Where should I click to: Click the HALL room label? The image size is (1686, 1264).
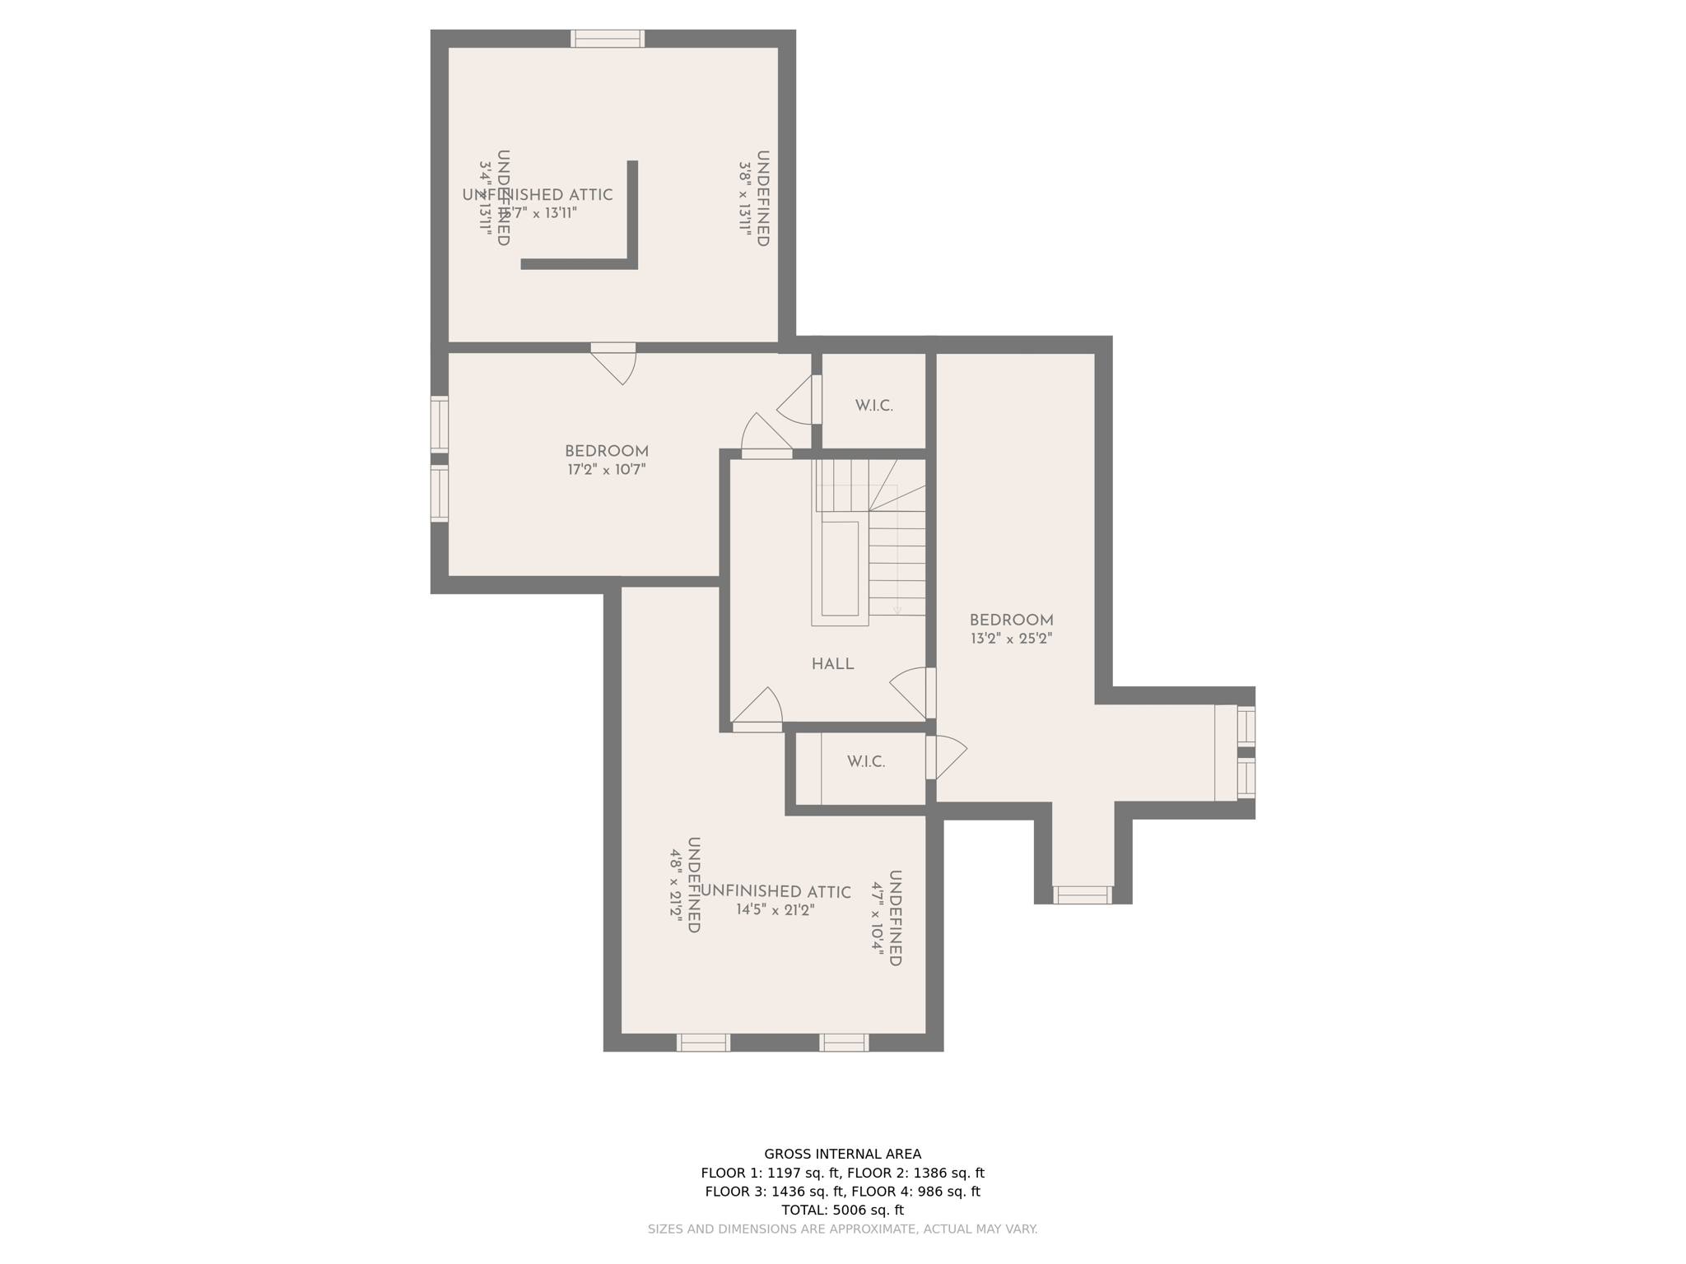click(832, 664)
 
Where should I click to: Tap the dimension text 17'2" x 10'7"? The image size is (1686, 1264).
click(606, 470)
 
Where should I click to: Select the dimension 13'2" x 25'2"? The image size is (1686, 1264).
click(1011, 639)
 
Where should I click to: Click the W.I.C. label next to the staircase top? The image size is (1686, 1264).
click(873, 406)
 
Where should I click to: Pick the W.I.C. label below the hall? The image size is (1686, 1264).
click(866, 762)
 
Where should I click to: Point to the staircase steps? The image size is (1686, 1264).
click(897, 560)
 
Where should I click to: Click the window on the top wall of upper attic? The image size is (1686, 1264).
click(608, 39)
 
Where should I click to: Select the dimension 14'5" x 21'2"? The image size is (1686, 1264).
click(775, 910)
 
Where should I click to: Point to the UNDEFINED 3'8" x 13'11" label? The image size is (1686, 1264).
click(754, 198)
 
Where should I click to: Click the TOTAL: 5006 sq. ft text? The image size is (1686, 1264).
click(842, 1210)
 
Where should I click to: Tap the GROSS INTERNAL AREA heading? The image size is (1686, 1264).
click(842, 1154)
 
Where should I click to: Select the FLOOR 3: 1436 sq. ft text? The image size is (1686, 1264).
click(774, 1191)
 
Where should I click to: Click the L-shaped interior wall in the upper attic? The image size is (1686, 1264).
click(632, 239)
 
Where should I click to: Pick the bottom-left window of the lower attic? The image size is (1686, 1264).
click(703, 1043)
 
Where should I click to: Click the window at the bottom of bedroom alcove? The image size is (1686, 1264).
click(1083, 895)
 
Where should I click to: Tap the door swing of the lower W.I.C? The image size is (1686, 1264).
click(947, 756)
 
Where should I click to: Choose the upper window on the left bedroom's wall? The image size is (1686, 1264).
click(440, 424)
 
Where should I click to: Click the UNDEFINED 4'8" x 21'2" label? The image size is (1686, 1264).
click(686, 885)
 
